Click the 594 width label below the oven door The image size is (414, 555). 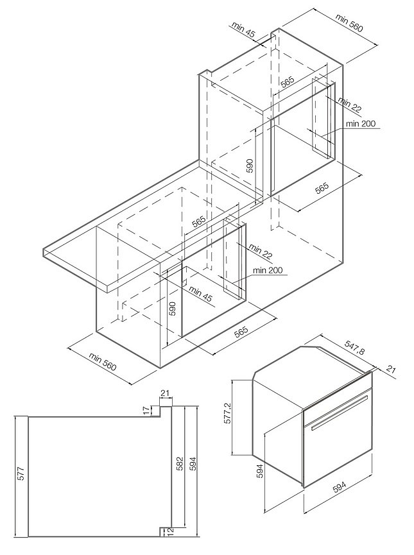(x=340, y=487)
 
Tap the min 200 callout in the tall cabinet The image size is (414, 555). (x=360, y=123)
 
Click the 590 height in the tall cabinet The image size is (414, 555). (x=250, y=166)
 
